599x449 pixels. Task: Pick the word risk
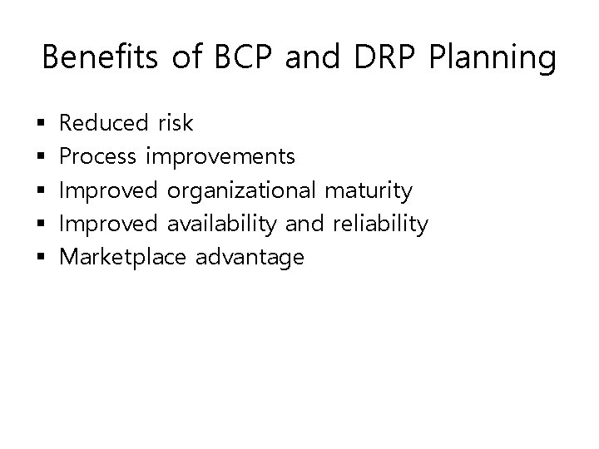(175, 124)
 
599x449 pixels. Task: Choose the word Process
(100, 157)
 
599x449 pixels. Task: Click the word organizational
(241, 192)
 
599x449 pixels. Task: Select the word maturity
(369, 192)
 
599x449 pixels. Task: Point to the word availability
(223, 224)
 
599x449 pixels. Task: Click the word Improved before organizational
(109, 191)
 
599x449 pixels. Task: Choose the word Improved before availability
(109, 224)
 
